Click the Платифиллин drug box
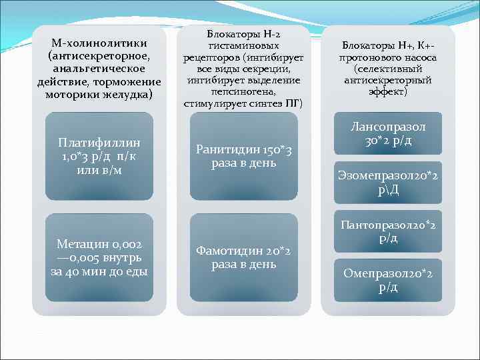[99, 157]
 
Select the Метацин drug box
[99, 257]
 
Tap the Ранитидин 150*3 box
[244, 157]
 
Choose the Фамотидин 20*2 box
[244, 257]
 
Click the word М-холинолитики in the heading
[99, 43]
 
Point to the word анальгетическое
[99, 69]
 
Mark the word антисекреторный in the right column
[388, 80]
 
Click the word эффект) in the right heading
[388, 91]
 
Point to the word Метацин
[79, 245]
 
